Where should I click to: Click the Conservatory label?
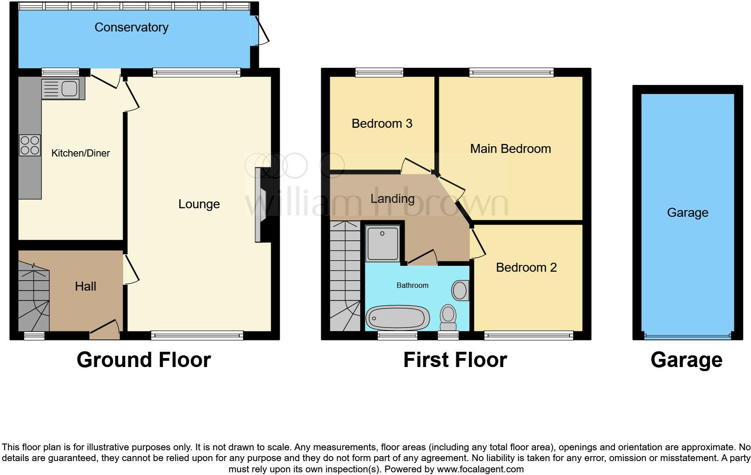(131, 27)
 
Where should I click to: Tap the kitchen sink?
(63, 89)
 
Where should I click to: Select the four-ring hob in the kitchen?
(30, 145)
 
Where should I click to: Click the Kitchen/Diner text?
(80, 153)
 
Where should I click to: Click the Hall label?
(85, 287)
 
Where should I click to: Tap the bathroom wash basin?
(459, 291)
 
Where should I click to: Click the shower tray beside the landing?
(382, 243)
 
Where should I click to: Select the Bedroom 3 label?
(382, 124)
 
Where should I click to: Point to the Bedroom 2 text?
(526, 268)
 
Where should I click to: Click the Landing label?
(392, 199)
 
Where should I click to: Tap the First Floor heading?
(455, 360)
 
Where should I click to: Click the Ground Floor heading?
(144, 360)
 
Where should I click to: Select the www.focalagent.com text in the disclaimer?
(480, 469)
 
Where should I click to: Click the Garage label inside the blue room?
(687, 213)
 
